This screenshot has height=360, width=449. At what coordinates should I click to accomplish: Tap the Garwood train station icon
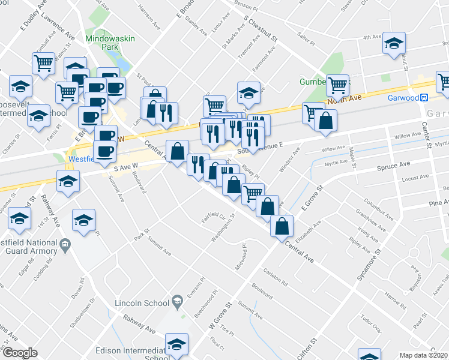424,98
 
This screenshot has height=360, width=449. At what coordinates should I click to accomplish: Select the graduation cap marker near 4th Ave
394,44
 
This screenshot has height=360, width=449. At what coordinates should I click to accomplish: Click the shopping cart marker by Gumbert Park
338,85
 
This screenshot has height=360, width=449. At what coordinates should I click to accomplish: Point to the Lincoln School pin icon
177,300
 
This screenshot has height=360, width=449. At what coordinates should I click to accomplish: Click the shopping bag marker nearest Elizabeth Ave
282,226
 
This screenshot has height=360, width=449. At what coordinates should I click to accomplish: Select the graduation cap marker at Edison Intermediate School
177,344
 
